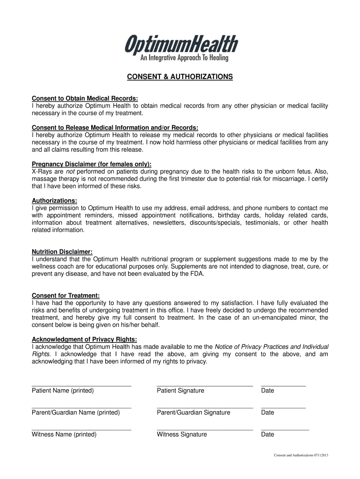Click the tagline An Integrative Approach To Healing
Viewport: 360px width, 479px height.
pyautogui.click(x=185, y=58)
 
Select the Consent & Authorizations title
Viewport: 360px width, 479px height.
pyautogui.click(x=180, y=76)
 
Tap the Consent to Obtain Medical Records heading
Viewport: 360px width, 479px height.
pyautogui.click(x=85, y=98)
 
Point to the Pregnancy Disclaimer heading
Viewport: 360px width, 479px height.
pyautogui.click(x=92, y=164)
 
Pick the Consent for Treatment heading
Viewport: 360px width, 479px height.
pyautogui.click(x=65, y=296)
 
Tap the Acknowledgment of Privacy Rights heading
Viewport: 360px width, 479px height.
pyautogui.click(x=84, y=339)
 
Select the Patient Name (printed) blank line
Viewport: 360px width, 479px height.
pyautogui.click(x=81, y=385)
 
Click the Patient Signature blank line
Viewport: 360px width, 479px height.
pyautogui.click(x=205, y=385)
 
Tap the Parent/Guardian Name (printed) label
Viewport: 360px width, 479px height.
pyautogui.click(x=76, y=413)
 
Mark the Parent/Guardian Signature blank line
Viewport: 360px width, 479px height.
pyautogui.click(x=205, y=407)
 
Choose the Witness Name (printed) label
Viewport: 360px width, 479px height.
pyautogui.click(x=64, y=435)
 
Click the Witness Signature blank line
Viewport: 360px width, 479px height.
pyautogui.click(x=205, y=429)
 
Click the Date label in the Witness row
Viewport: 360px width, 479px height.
pyautogui.click(x=267, y=435)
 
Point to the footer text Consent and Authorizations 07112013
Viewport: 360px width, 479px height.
pyautogui.click(x=301, y=456)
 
